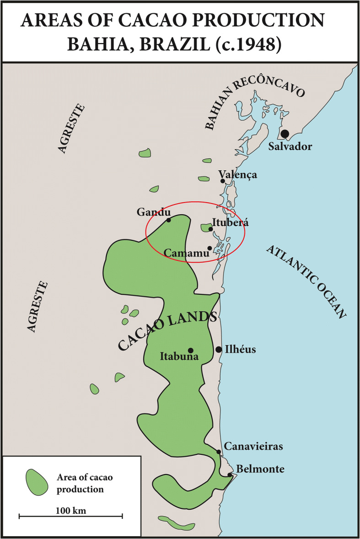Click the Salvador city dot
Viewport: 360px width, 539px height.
point(285,134)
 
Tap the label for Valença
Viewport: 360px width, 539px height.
point(238,174)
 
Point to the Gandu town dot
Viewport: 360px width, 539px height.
point(168,220)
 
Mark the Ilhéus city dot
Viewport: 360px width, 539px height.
point(219,350)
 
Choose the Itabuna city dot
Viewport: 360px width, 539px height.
point(190,350)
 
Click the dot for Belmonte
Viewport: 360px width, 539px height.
point(230,474)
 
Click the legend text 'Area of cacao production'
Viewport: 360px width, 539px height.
point(85,483)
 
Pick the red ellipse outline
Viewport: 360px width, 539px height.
point(195,201)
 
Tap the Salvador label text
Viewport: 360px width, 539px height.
point(290,146)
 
